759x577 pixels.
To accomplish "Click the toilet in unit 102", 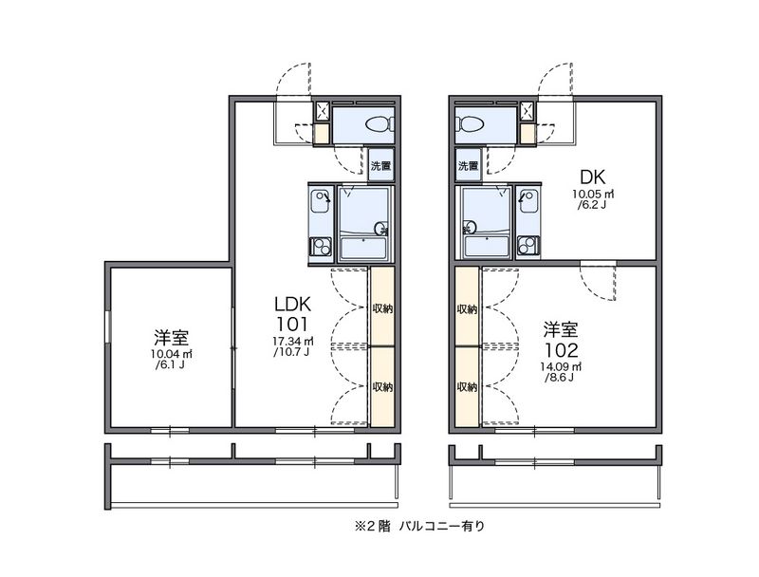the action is [x=471, y=124].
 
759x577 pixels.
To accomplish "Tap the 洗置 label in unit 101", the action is [x=380, y=166].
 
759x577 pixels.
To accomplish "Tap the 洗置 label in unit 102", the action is [x=468, y=166].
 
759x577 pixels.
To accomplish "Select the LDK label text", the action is [x=292, y=304].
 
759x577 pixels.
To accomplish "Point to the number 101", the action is [x=292, y=324].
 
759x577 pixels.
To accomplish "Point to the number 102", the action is [x=561, y=349].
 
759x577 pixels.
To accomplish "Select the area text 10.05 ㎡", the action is [x=592, y=195].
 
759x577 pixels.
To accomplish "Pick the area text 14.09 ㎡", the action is [x=561, y=366].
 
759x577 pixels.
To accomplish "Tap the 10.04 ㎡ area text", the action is [x=172, y=354].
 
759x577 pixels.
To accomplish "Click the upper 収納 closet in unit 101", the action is [x=382, y=307].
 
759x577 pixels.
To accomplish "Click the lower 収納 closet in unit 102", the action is [x=467, y=387].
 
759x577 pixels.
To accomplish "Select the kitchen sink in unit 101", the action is [x=320, y=201].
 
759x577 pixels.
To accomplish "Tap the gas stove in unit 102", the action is [x=528, y=246].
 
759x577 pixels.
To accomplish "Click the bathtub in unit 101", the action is [x=364, y=248].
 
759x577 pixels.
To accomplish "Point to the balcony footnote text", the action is [x=419, y=526].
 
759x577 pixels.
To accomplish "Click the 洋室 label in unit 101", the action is [x=172, y=338].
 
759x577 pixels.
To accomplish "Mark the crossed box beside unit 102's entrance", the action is [x=528, y=111].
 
